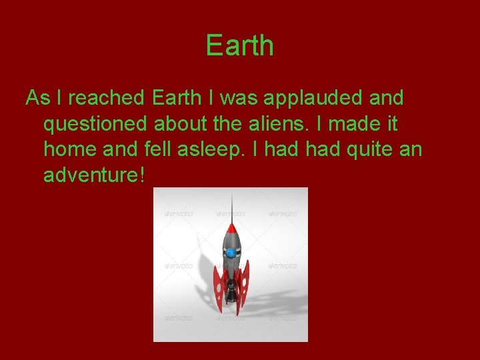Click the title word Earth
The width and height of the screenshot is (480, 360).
pos(239,46)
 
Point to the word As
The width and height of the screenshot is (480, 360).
pos(37,98)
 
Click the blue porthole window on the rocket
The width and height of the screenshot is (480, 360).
pos(231,253)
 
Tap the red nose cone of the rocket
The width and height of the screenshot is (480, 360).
pos(231,229)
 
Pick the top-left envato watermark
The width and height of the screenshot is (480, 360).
pos(179,213)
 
